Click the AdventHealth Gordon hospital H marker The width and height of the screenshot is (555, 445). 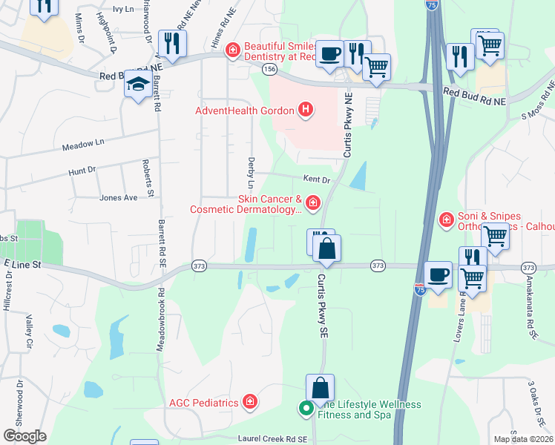coord(304,111)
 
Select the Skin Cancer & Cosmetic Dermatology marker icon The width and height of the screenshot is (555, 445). coord(312,202)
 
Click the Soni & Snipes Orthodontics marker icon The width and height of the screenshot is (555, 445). coord(446,219)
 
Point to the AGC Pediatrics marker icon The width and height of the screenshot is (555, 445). coord(250,402)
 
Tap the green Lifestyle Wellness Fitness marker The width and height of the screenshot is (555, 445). coord(305,407)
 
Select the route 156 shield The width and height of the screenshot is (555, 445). coord(269,69)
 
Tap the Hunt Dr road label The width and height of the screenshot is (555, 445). coord(82,171)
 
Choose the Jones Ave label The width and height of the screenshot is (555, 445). coord(119,198)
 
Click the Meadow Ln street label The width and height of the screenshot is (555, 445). coord(83,147)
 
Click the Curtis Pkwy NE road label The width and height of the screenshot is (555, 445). coord(347,125)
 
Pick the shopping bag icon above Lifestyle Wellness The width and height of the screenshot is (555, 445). coord(321,388)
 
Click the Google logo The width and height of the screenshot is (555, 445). coord(25,435)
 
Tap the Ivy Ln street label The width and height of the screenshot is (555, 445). coord(122,9)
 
